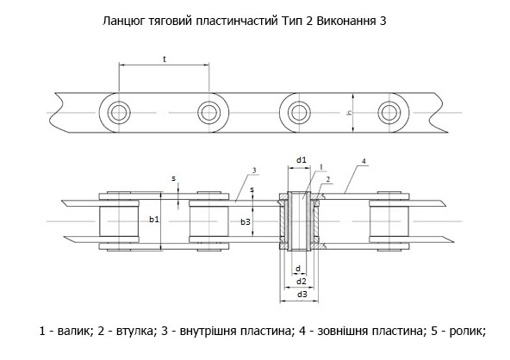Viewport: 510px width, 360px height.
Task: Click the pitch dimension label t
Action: [165, 59]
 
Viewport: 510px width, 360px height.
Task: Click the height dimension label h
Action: [349, 113]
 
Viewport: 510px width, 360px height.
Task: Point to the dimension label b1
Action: [154, 220]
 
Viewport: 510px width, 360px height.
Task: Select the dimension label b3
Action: [246, 222]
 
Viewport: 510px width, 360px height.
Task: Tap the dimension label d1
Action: [302, 159]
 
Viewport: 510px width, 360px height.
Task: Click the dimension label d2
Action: [302, 282]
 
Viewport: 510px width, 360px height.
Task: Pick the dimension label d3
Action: [302, 295]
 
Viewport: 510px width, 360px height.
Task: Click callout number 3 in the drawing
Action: [254, 170]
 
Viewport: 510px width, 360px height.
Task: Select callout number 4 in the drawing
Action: [364, 161]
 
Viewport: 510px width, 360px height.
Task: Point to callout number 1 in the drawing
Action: [321, 167]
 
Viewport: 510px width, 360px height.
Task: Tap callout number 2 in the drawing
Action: [328, 179]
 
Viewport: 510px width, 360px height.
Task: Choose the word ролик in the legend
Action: [468, 331]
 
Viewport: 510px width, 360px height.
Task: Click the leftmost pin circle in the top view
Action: [119, 113]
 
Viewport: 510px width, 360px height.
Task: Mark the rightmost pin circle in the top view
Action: [389, 113]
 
